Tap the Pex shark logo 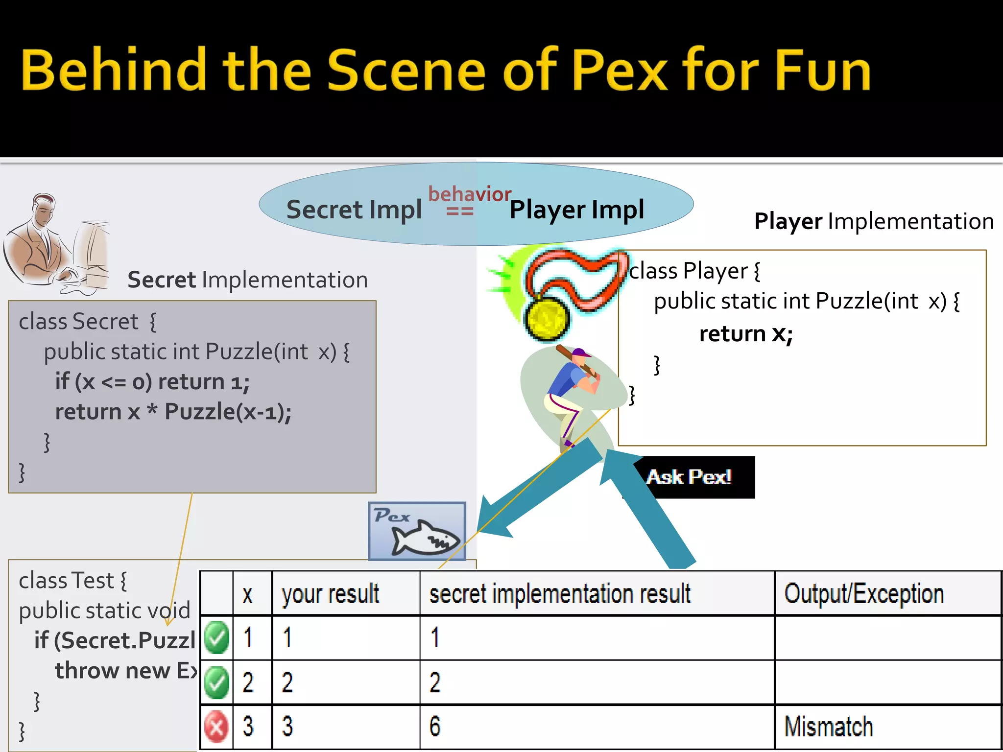417,531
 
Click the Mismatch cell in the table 829,727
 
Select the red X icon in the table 216,727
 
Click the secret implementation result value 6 435,727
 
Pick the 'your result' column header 331,594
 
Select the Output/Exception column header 864,594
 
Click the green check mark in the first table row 216,637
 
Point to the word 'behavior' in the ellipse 469,194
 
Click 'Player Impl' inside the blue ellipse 576,210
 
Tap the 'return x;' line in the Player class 745,334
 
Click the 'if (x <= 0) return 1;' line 152,382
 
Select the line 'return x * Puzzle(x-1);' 173,412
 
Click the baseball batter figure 573,392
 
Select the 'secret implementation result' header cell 559,594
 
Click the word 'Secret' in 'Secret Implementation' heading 162,280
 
